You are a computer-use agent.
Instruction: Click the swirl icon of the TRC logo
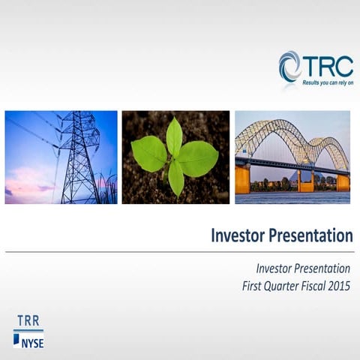[x=290, y=66]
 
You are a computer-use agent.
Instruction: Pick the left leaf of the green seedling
[x=148, y=154]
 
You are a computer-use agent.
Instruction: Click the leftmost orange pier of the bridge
[x=242, y=178]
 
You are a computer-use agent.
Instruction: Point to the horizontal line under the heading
[x=179, y=252]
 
